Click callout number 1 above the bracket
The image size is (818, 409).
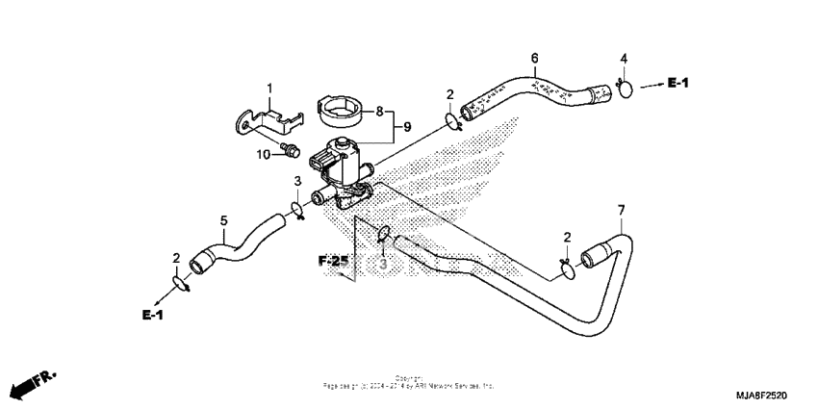click(x=269, y=89)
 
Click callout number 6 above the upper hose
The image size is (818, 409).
click(x=534, y=58)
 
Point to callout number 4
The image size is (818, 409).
click(x=624, y=60)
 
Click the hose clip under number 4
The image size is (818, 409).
click(x=624, y=89)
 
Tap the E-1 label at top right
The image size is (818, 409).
click(x=678, y=85)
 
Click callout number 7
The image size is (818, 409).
click(x=621, y=210)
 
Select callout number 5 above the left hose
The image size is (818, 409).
click(x=223, y=221)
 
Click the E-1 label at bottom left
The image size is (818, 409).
click(x=153, y=315)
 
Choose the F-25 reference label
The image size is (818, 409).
click(x=333, y=261)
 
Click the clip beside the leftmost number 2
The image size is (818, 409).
click(x=180, y=282)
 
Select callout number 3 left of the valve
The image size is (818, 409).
click(x=297, y=181)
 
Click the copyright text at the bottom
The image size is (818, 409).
click(x=409, y=382)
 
